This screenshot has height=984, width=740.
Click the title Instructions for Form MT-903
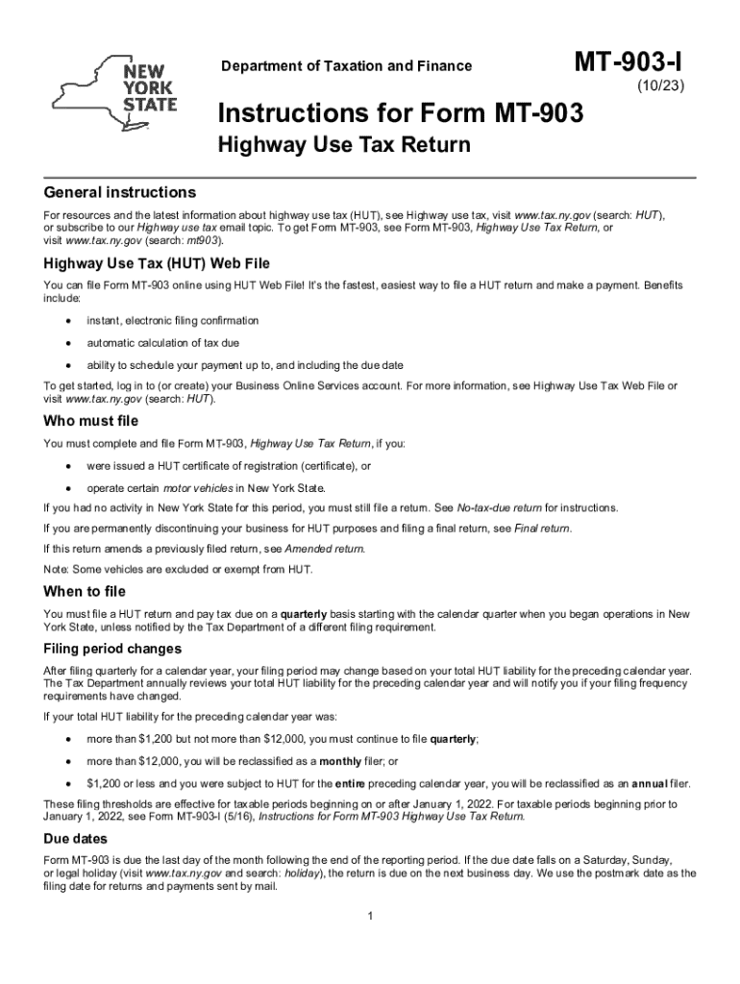coord(400,114)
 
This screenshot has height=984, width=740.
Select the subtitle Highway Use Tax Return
coord(344,146)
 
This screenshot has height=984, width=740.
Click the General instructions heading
coord(120,192)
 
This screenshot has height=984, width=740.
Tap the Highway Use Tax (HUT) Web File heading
coord(157,263)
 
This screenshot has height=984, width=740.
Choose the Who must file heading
coord(91,421)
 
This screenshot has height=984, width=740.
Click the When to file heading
coord(85,591)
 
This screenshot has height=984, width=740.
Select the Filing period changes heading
coord(112,649)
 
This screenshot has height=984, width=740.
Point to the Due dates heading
coord(81,837)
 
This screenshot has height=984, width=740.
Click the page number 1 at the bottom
coord(370,913)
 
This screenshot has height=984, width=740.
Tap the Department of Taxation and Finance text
coord(347,66)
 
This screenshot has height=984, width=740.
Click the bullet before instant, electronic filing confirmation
coord(67,320)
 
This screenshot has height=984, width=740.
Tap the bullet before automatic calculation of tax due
coord(67,343)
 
